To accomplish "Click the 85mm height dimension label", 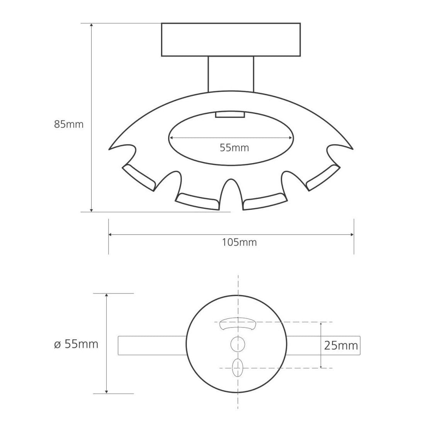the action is point(69,124).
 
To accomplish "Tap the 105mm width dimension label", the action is point(240,242).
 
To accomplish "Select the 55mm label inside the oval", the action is point(235,148).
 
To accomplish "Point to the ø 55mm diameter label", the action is point(76,344).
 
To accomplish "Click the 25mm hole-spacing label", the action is point(341,345).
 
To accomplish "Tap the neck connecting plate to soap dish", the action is point(231,74).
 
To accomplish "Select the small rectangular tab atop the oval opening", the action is point(230,114).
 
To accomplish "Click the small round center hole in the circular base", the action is point(238,344).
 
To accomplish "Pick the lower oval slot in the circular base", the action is point(238,368).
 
